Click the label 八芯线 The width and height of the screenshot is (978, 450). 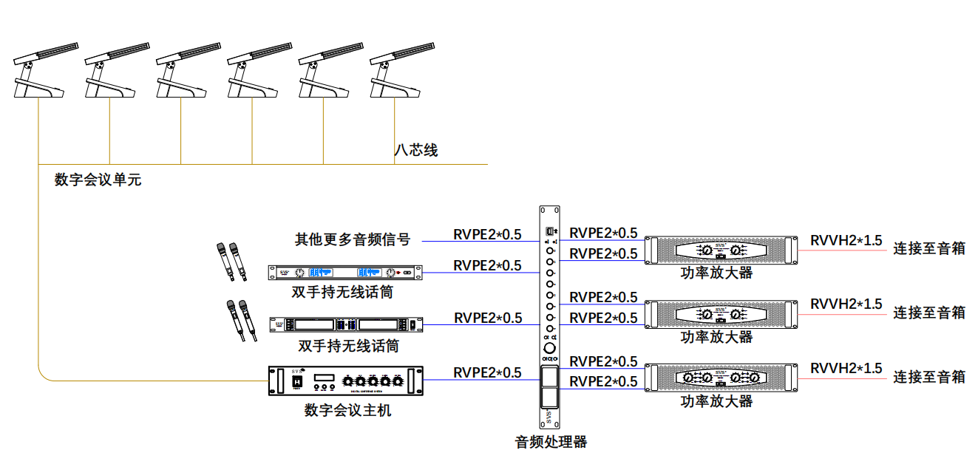point(415,150)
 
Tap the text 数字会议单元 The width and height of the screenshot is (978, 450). point(98,180)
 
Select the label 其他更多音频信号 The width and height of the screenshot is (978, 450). point(353,239)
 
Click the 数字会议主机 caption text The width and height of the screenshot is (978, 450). point(347,410)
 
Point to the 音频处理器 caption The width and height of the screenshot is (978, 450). point(551,442)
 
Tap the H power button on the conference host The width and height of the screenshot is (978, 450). point(297,381)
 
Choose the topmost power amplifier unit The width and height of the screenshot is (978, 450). point(721,250)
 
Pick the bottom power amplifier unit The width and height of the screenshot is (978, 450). point(721,378)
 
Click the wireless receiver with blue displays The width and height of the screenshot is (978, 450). point(345,272)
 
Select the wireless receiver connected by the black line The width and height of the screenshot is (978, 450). point(345,324)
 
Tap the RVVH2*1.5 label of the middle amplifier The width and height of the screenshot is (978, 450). point(846,304)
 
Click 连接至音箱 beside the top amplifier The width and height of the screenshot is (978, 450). point(929,248)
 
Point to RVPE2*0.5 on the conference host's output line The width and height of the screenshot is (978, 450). point(487,372)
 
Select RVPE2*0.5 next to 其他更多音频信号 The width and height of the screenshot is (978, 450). point(487,234)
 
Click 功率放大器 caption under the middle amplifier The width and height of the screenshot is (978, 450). point(716,337)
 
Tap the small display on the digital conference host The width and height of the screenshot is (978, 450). point(324,378)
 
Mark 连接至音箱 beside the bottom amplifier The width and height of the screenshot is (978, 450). point(929,377)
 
